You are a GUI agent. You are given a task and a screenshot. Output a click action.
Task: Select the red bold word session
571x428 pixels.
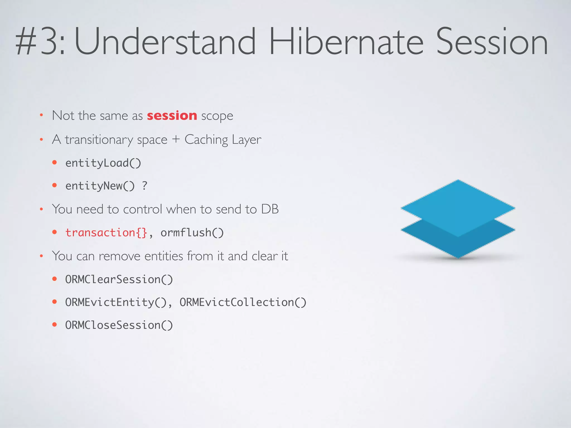click(x=172, y=115)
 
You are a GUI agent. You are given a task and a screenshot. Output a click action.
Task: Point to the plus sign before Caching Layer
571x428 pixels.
click(x=176, y=139)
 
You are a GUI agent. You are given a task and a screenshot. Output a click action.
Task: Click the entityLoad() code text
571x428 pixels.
click(x=103, y=163)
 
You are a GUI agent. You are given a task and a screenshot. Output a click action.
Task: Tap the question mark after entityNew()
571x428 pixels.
click(x=144, y=186)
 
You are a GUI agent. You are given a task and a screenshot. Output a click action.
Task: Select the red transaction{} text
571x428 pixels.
click(x=106, y=233)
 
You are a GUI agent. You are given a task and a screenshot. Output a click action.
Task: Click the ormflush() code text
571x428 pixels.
click(x=192, y=233)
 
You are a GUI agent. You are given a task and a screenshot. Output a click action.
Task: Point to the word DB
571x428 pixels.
click(x=270, y=209)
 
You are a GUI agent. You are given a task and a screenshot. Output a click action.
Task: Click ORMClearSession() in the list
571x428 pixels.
click(x=119, y=279)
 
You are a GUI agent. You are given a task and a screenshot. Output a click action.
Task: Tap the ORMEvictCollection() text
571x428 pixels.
click(x=243, y=302)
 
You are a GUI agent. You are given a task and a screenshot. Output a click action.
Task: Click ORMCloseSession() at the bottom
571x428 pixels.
click(x=119, y=325)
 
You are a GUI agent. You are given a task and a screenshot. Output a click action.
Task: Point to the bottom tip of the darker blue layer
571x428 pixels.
click(x=458, y=257)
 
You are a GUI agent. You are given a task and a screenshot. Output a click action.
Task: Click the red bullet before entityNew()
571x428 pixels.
click(x=55, y=185)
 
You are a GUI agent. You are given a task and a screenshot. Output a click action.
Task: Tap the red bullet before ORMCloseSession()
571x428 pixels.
click(x=55, y=325)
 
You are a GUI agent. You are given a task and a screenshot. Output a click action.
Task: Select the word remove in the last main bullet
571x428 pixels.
click(x=119, y=256)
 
